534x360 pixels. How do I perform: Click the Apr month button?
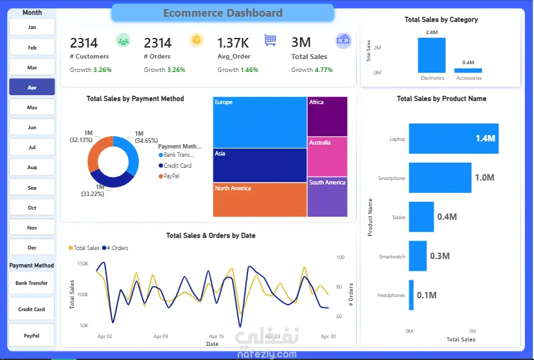point(32,87)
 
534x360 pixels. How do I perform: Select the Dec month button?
point(32,248)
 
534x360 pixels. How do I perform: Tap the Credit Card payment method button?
point(31,309)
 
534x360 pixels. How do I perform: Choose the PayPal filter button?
point(31,336)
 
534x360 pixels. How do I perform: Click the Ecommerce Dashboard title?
point(222,13)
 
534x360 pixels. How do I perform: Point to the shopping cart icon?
point(270,40)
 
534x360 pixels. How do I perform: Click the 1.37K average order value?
point(233,43)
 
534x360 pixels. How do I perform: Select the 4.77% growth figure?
point(324,69)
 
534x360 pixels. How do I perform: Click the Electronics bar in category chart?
point(432,55)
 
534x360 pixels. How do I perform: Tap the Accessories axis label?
point(469,78)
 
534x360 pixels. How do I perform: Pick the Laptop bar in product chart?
point(453,139)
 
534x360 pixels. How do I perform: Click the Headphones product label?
point(391,296)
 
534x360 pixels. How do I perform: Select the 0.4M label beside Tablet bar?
point(447,217)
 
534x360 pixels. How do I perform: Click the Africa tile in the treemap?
point(327,116)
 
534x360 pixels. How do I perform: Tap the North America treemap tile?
point(260,199)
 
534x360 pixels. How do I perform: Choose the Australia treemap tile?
point(327,156)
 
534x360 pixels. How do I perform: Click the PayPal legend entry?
point(171,175)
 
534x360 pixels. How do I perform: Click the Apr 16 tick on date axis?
point(217,336)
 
